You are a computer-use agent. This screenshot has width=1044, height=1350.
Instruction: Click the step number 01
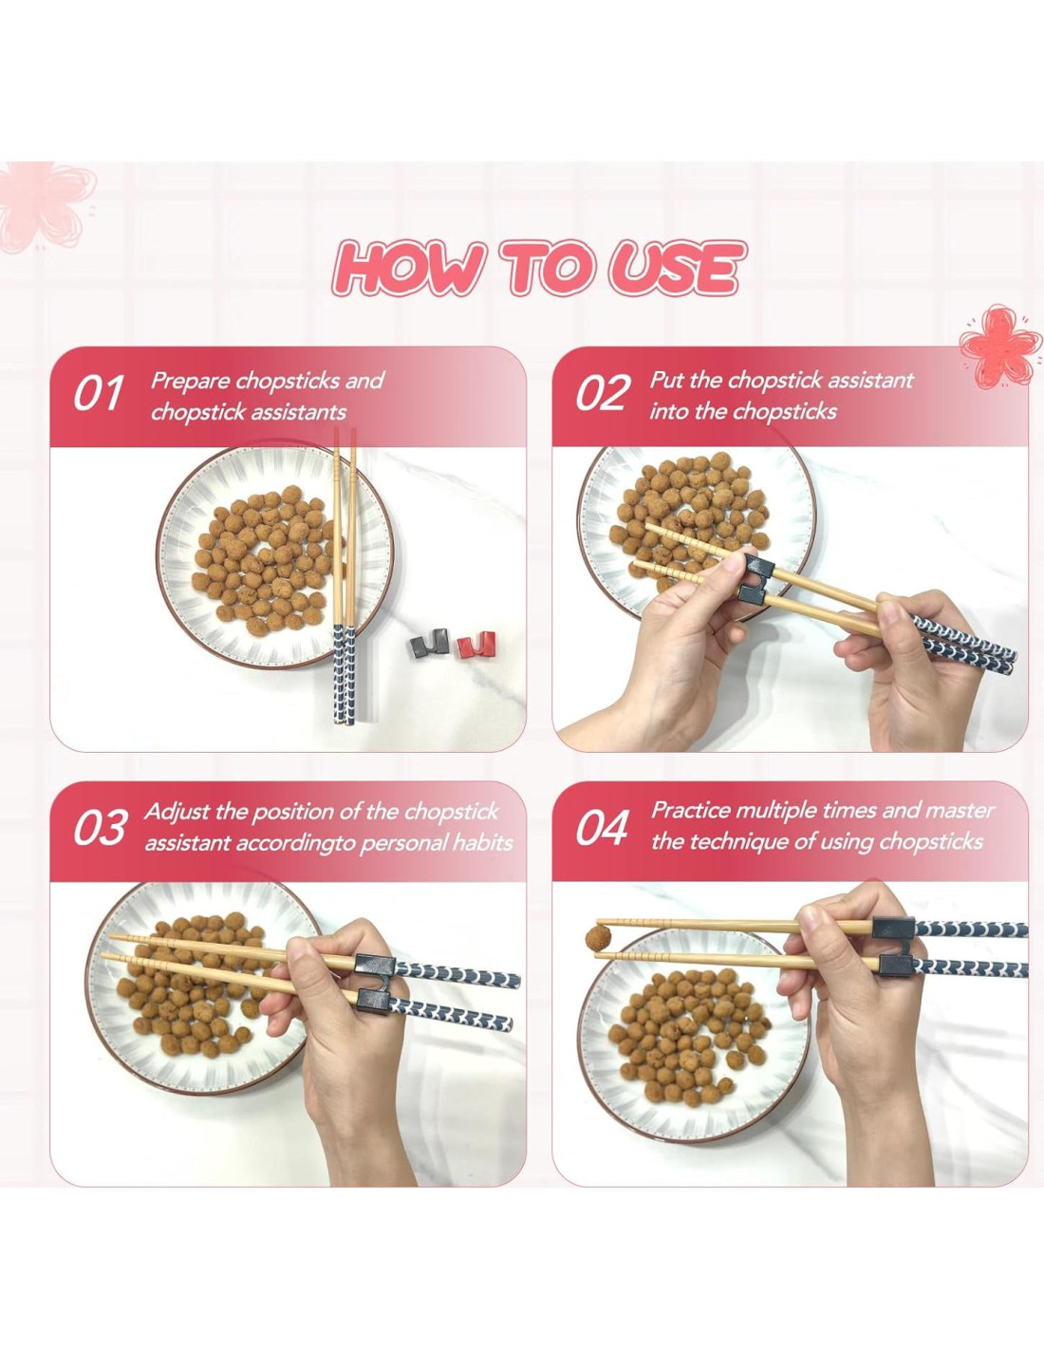click(97, 393)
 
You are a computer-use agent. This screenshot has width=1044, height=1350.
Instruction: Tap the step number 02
click(601, 393)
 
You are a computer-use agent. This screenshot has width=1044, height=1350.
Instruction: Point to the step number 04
click(602, 828)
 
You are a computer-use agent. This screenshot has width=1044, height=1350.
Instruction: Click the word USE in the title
click(675, 269)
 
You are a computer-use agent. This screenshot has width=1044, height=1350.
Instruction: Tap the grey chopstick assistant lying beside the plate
click(429, 643)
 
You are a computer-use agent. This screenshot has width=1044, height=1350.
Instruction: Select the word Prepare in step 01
click(190, 380)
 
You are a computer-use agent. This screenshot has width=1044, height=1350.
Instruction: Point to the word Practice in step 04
click(690, 811)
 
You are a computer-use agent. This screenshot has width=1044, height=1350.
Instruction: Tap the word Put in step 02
click(666, 380)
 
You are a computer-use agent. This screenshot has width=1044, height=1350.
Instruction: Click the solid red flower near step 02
click(1000, 346)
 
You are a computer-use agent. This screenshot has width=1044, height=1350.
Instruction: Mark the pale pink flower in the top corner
click(45, 205)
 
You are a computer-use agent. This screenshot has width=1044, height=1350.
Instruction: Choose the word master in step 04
click(960, 811)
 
